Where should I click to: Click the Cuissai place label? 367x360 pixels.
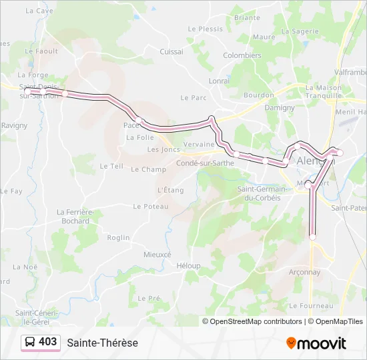[x=171, y=51]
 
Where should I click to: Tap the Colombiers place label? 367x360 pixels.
[x=242, y=55]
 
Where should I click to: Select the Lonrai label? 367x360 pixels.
[x=219, y=81]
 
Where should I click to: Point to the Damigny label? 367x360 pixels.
[x=280, y=107]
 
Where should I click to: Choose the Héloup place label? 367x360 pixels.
[x=188, y=265]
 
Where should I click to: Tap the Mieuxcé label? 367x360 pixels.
[x=157, y=255]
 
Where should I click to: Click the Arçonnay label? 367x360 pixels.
[x=305, y=272]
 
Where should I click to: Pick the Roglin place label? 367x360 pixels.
[x=118, y=237]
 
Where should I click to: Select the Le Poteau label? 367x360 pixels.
[x=150, y=207]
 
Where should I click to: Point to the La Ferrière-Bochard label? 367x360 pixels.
[x=73, y=217]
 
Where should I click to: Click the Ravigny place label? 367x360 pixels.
[x=14, y=125]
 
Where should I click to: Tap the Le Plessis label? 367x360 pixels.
[x=205, y=29]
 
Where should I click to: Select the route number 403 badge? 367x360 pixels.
[x=41, y=342]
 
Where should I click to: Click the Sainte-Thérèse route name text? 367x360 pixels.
[x=102, y=343]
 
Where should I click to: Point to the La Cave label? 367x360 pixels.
[x=39, y=11]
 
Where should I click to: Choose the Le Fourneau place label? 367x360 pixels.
[x=311, y=305]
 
